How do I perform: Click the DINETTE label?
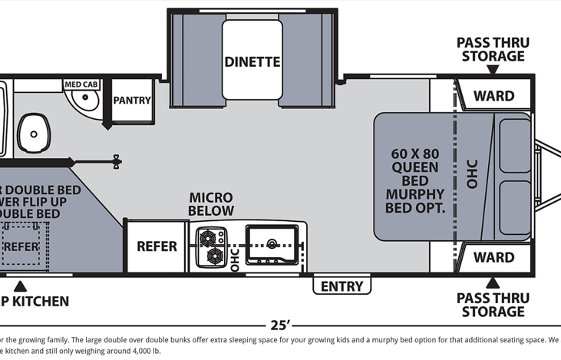tap(252, 61)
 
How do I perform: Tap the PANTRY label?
tap(132, 101)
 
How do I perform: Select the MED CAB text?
tap(81, 84)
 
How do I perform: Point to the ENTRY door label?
tap(342, 286)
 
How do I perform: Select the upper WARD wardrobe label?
tap(493, 96)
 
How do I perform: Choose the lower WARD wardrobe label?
tap(493, 257)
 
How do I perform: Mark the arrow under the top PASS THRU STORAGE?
tap(492, 70)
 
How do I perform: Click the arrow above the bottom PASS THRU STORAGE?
tap(492, 281)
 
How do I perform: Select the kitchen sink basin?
tap(272, 245)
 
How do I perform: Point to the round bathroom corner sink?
tap(84, 100)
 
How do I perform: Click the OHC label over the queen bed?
tap(472, 173)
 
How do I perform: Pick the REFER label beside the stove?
tap(157, 246)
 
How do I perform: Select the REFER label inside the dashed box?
tap(21, 246)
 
